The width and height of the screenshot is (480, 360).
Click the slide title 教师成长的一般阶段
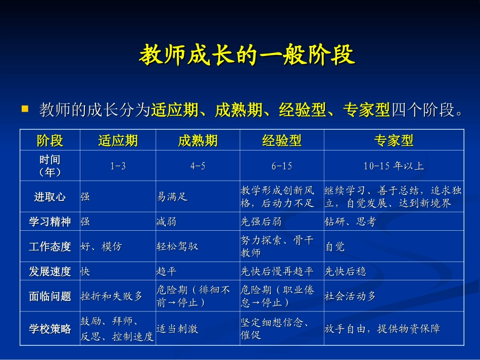pyautogui.click(x=247, y=56)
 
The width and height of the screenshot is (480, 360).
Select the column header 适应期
pyautogui.click(x=118, y=140)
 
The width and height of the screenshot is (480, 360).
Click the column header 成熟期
pyautogui.click(x=198, y=140)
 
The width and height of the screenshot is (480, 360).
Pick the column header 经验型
pyautogui.click(x=281, y=140)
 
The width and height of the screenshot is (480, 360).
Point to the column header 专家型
pyautogui.click(x=394, y=140)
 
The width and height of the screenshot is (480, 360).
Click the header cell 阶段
pyautogui.click(x=50, y=140)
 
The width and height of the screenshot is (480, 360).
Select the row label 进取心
pyautogui.click(x=50, y=197)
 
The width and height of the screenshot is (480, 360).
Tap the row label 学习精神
pyautogui.click(x=50, y=222)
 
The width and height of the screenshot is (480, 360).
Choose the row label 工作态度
pyautogui.click(x=50, y=247)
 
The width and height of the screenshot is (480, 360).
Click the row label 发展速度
pyautogui.click(x=50, y=272)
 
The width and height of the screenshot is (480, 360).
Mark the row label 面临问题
pyautogui.click(x=50, y=296)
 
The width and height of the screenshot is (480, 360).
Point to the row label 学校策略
pyautogui.click(x=50, y=329)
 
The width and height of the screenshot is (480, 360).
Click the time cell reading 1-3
pyautogui.click(x=118, y=166)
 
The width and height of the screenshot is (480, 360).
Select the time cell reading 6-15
pyautogui.click(x=281, y=166)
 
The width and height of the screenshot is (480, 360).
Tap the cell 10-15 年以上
pyautogui.click(x=394, y=166)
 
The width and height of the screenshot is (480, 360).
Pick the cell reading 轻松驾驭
pyautogui.click(x=177, y=247)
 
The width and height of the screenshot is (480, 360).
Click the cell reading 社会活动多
pyautogui.click(x=350, y=296)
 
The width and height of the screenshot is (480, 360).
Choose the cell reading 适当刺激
pyautogui.click(x=177, y=329)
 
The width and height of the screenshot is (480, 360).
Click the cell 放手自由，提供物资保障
pyautogui.click(x=382, y=329)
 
